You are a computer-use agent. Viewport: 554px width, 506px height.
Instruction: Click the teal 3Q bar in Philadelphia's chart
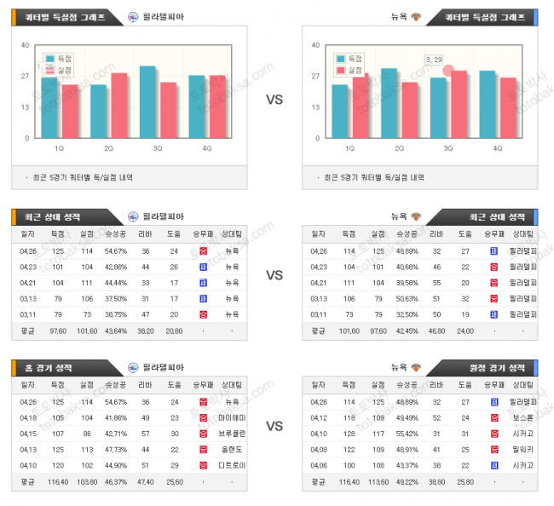pos(147,102)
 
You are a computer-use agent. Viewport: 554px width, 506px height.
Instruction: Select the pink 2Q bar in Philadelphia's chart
pos(119,106)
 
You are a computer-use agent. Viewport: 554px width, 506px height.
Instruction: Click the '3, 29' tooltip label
pos(434,59)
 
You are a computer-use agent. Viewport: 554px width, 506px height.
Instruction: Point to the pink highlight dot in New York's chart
pos(448,71)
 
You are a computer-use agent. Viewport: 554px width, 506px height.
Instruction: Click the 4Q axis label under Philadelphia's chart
pos(208,148)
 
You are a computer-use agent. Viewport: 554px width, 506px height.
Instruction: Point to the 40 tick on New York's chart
pos(316,45)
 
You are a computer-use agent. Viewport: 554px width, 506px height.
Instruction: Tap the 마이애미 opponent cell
pos(232,417)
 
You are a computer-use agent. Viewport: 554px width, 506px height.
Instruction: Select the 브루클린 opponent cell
pos(232,434)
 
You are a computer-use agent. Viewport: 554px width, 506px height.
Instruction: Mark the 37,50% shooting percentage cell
pos(117,299)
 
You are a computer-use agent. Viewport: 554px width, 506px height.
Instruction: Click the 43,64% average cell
pos(117,331)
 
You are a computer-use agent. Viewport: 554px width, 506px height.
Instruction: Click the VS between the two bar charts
pos(274,100)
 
